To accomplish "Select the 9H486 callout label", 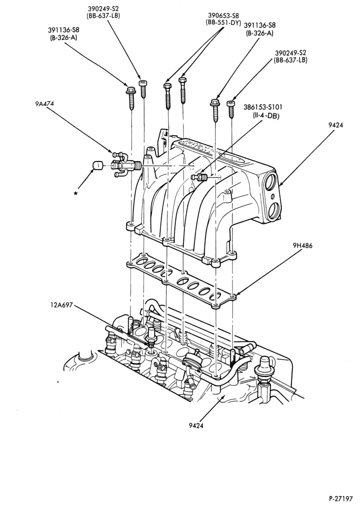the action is [x=302, y=245].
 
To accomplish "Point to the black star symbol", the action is [x=75, y=193].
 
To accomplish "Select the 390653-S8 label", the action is [x=223, y=15].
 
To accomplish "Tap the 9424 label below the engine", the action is [x=196, y=426].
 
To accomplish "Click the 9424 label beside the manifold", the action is [x=336, y=125].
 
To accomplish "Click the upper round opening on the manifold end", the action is [x=272, y=182].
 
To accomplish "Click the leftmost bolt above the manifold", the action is [x=131, y=98].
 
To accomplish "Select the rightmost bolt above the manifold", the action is [x=231, y=109].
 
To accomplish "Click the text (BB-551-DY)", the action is [x=223, y=22].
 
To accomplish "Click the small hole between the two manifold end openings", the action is [x=273, y=196].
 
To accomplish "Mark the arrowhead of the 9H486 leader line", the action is [x=236, y=294].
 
